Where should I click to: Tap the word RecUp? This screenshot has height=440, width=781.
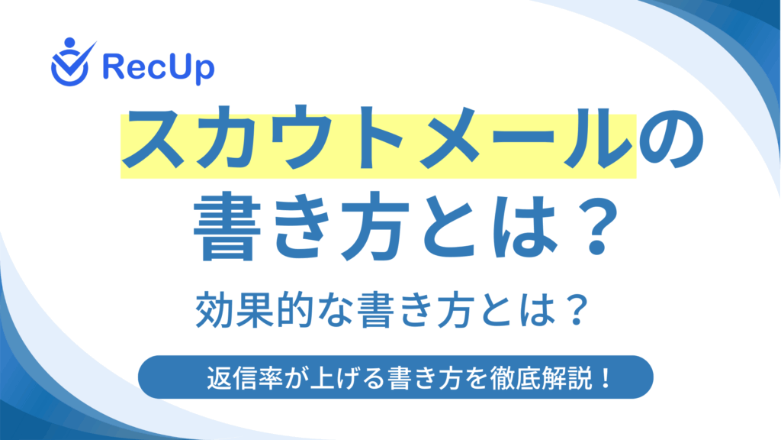coord(159,68)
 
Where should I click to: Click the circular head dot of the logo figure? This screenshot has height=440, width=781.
coord(69,43)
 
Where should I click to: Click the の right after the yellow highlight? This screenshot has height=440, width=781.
coord(671,139)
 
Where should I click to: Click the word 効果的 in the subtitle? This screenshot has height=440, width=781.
coord(254,310)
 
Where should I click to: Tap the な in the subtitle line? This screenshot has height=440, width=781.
coord(335,311)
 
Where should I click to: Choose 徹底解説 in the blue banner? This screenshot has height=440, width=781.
coord(541,377)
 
